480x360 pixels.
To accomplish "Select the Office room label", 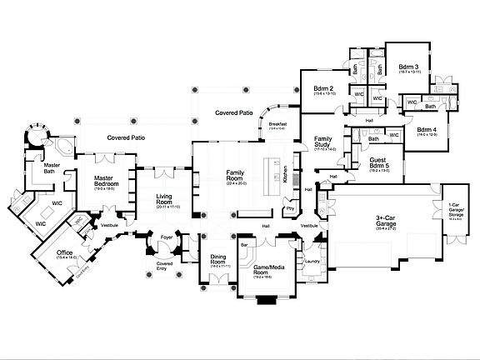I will point(64,253).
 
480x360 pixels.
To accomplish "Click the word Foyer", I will point(167,237).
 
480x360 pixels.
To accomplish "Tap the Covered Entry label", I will point(165,265).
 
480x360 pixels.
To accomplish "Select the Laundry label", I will point(313,262).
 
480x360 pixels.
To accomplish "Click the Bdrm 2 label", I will point(323,89).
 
